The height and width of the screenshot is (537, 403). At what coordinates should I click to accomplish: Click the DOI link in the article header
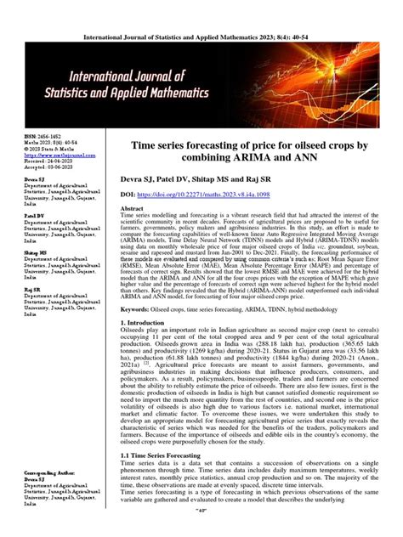208,194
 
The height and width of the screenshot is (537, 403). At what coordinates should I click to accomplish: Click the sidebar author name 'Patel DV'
34,216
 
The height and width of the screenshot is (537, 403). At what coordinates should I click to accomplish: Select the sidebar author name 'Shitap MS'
36,252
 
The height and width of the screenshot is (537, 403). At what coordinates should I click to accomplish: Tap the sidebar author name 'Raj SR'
32,289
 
